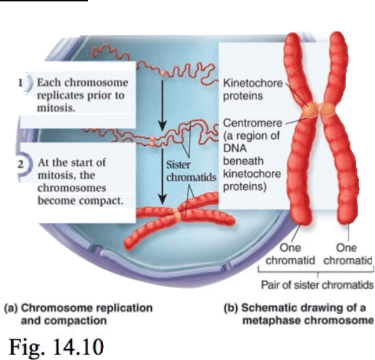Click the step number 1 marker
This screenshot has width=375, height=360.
(21, 83)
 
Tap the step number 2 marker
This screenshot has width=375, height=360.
(21, 165)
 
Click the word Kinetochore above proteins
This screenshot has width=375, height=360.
(253, 83)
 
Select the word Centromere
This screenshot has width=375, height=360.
(252, 123)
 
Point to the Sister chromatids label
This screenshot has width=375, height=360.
(191, 171)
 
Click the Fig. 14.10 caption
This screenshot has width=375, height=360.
(56, 347)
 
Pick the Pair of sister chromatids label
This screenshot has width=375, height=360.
(317, 285)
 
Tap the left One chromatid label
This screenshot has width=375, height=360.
(290, 254)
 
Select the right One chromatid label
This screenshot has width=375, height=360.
(348, 254)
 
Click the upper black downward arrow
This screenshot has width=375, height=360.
(162, 105)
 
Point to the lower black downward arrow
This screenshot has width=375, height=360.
(162, 177)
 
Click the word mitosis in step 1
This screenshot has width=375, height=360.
(56, 108)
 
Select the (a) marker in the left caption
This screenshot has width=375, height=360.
(11, 308)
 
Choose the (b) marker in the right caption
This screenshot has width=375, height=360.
(231, 308)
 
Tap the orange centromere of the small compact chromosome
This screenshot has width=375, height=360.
(177, 213)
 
